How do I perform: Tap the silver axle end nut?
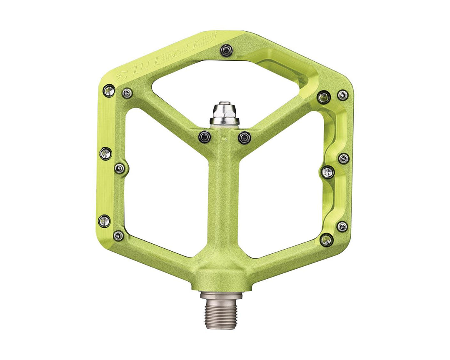point(225,114)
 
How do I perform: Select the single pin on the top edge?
point(226,50)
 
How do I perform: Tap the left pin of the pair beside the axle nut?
point(204,136)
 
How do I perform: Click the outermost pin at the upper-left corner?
point(109,90)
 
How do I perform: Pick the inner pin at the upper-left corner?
point(127,93)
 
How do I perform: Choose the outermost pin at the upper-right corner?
point(342,95)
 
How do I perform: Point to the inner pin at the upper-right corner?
point(324,97)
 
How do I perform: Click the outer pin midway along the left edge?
point(105,153)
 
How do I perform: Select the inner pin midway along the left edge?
point(120,168)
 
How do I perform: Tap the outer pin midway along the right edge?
point(343,158)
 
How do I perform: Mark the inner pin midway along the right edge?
point(328,172)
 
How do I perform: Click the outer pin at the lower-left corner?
point(104,221)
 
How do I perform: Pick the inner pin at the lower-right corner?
point(327,240)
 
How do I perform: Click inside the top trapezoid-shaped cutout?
point(225,83)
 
